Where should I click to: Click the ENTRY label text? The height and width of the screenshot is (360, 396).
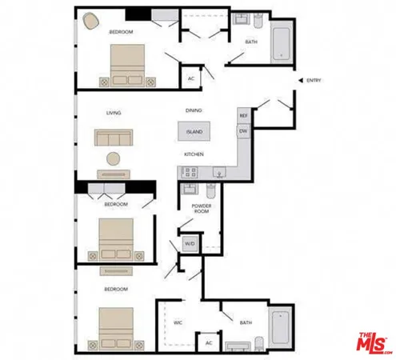(x=314, y=80)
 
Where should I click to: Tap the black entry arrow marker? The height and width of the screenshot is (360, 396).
(x=299, y=80)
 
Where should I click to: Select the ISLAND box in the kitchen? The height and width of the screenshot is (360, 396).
(x=194, y=130)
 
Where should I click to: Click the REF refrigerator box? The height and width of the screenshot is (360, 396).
(x=243, y=115)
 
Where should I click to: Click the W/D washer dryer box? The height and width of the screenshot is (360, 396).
(x=190, y=243)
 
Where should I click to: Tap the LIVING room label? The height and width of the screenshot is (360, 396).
(x=113, y=113)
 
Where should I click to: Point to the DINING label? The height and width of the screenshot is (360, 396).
(x=194, y=110)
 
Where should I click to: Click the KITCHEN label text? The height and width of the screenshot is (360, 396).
(x=194, y=154)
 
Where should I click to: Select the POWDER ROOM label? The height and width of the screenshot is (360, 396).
(x=201, y=210)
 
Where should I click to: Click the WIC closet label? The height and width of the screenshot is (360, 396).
(x=178, y=322)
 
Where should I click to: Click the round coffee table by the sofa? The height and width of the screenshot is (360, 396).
(x=114, y=157)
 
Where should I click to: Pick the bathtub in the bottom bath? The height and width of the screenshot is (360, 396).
(x=282, y=326)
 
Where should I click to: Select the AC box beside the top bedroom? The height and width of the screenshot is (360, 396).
(x=191, y=78)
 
